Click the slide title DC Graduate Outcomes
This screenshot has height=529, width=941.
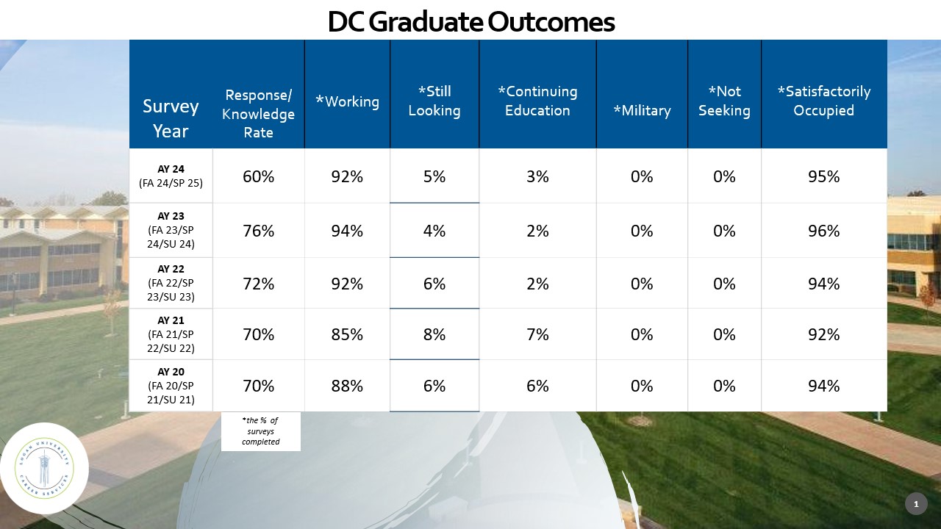tap(470, 22)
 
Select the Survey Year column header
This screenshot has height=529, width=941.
tap(171, 119)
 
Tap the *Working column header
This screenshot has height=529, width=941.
tap(347, 102)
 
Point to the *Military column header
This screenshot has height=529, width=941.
tap(642, 111)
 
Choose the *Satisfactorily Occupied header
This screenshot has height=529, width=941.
tap(823, 101)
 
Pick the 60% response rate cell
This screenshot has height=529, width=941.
tap(258, 176)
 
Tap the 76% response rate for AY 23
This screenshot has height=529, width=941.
tap(258, 231)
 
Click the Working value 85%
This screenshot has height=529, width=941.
tap(347, 334)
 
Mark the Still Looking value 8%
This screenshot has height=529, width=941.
tap(434, 334)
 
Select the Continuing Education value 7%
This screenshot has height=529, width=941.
tap(537, 334)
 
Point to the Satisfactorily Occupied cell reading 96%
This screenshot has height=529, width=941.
tap(823, 231)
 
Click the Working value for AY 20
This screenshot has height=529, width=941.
tap(347, 386)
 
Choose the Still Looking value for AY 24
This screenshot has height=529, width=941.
tap(434, 176)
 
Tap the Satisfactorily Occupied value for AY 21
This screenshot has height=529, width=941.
tap(823, 334)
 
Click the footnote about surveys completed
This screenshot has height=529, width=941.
tap(261, 431)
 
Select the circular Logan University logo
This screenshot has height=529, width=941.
tap(44, 467)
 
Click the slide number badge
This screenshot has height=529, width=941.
tap(916, 504)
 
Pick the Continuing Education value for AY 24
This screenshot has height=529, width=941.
tap(537, 176)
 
